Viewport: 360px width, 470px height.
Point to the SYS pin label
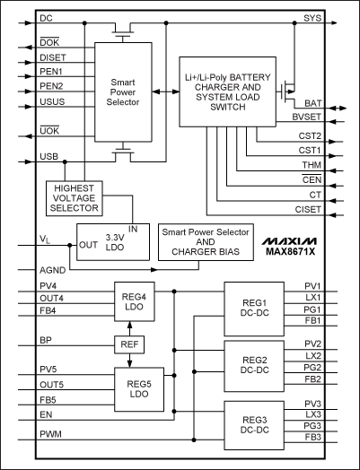click(x=312, y=18)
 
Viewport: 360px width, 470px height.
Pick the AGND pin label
click(x=52, y=268)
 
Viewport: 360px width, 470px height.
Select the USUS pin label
click(x=52, y=102)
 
